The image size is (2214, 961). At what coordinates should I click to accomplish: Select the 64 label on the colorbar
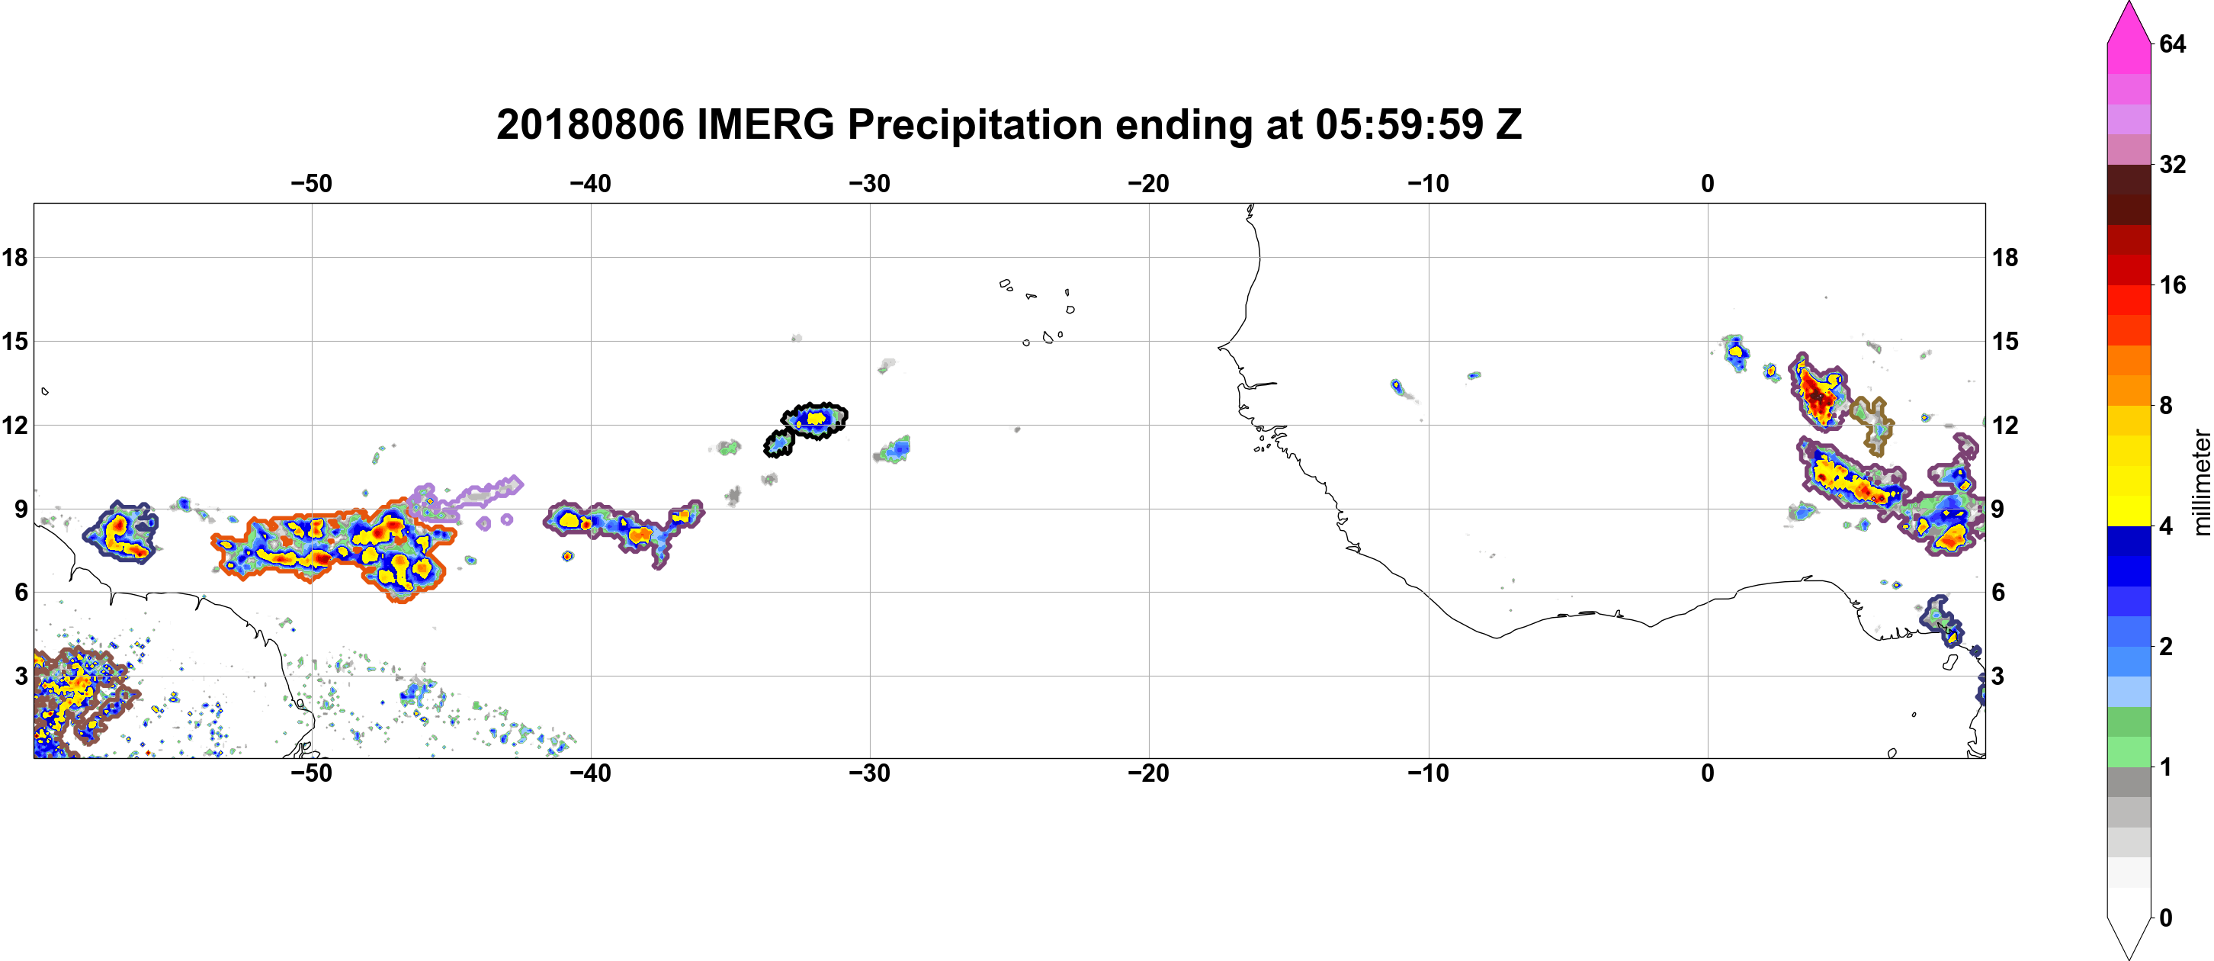pyautogui.click(x=2173, y=43)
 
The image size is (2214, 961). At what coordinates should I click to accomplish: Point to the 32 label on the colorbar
pyautogui.click(x=2173, y=164)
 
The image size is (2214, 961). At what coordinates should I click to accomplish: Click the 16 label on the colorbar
pyautogui.click(x=2173, y=284)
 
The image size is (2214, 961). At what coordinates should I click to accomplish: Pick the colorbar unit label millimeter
pyautogui.click(x=2201, y=482)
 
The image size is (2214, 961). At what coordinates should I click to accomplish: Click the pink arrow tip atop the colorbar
pyautogui.click(x=2129, y=4)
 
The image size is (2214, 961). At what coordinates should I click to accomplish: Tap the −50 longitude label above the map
pyautogui.click(x=311, y=184)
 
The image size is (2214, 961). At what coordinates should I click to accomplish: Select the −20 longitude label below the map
pyautogui.click(x=1149, y=773)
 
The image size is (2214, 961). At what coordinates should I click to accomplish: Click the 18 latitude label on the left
pyautogui.click(x=14, y=257)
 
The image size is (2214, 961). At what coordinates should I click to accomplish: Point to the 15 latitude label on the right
pyautogui.click(x=2006, y=341)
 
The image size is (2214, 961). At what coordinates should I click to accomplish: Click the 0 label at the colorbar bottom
pyautogui.click(x=2166, y=918)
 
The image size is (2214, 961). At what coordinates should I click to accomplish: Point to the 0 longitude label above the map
pyautogui.click(x=1708, y=184)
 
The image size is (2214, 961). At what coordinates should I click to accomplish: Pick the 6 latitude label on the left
pyautogui.click(x=21, y=593)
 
